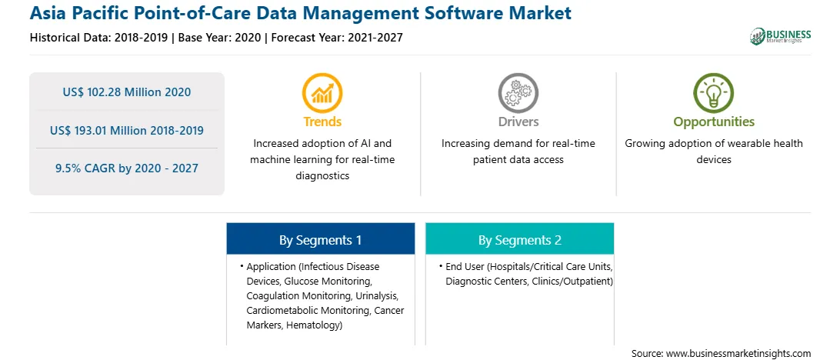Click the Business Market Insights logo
pos(781,36)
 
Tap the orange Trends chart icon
pos(322,92)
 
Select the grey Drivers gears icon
pos(518,92)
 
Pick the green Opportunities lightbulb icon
pos(714,92)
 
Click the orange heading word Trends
pos(322,122)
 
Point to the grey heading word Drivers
pos(518,122)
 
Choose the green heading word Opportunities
pos(714,122)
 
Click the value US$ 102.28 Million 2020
pos(126,92)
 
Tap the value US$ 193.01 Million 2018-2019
pos(126,130)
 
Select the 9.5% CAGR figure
pos(126,168)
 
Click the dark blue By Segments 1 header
pos(320,239)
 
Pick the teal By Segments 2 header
pos(520,239)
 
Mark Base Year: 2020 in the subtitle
pos(220,38)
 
